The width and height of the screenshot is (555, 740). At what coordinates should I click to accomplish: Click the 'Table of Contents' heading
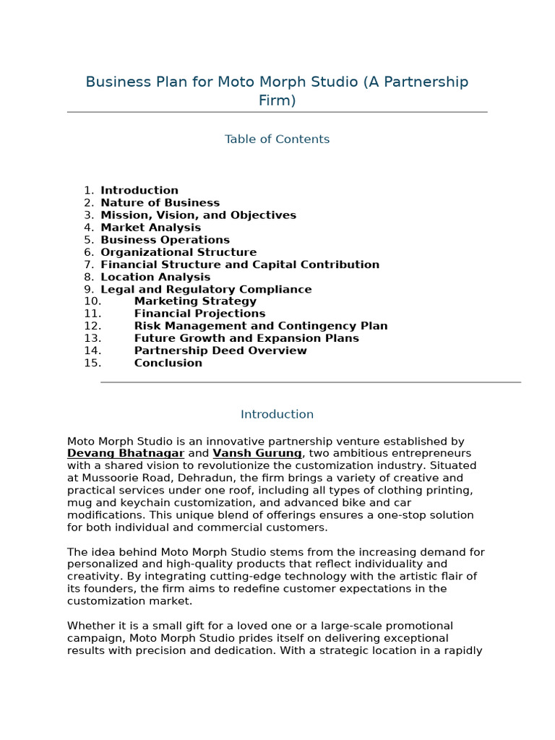(x=277, y=139)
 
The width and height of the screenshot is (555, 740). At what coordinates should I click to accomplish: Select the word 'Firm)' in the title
(x=277, y=100)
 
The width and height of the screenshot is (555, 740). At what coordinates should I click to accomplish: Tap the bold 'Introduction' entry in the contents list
(x=139, y=191)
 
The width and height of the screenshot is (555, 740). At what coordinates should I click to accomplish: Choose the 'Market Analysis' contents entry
(x=150, y=228)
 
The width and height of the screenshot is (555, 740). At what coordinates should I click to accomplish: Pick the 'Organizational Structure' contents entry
(x=178, y=252)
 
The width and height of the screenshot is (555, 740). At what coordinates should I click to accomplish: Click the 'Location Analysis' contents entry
(x=155, y=277)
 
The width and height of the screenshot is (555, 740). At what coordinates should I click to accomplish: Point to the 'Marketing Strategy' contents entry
(x=195, y=301)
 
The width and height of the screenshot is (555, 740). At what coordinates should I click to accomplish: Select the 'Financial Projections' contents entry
(x=199, y=314)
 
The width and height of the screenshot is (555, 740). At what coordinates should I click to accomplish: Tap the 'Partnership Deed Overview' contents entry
(x=220, y=350)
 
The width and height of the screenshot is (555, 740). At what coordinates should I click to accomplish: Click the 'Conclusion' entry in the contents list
(x=168, y=363)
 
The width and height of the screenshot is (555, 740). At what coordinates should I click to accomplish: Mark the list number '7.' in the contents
(x=89, y=264)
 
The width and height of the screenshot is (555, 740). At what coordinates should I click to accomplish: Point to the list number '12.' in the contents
(x=92, y=326)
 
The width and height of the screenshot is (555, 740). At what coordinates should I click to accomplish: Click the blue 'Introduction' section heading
(x=277, y=415)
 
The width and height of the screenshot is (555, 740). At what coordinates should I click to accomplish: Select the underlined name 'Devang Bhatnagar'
(x=126, y=454)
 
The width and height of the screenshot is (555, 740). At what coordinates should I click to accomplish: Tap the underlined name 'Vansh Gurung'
(x=257, y=454)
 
